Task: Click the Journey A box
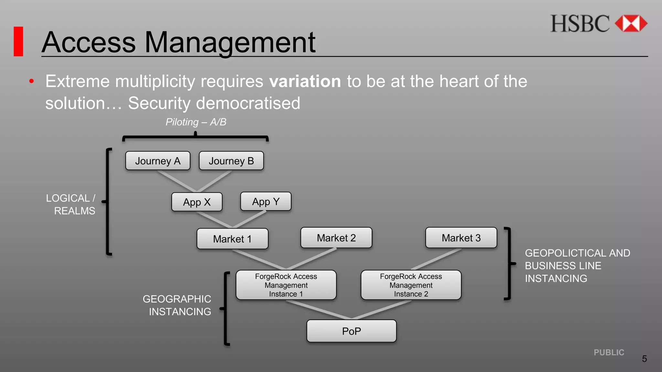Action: [158, 161]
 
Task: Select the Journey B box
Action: [231, 161]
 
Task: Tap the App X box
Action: [197, 202]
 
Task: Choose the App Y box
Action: [266, 201]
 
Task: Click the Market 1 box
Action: [232, 239]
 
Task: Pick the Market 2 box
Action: [336, 238]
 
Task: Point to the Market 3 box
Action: [461, 238]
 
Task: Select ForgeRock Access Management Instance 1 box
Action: [286, 285]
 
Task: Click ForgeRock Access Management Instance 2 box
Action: [411, 285]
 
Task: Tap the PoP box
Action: [351, 331]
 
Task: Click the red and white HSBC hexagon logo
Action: [631, 24]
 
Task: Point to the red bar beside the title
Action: [18, 42]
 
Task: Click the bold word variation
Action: [305, 81]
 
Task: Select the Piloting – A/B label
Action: [196, 122]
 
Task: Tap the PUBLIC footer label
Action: [609, 352]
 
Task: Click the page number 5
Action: [644, 359]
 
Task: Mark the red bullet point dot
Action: [31, 81]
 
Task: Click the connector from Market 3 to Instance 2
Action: [436, 259]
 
